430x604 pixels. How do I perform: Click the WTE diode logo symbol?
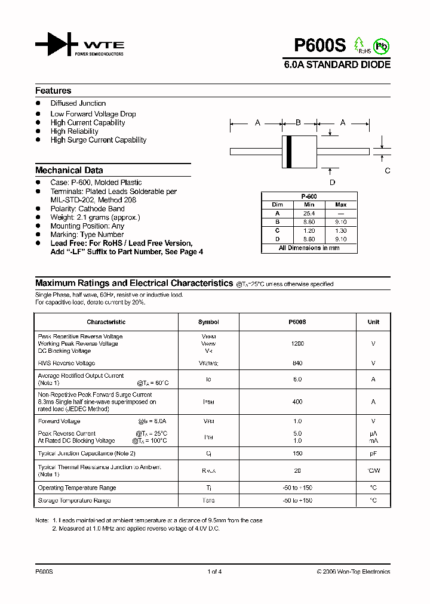point(57,44)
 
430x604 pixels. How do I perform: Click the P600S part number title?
point(320,45)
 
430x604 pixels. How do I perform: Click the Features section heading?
point(53,91)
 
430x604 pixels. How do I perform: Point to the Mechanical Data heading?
point(69,170)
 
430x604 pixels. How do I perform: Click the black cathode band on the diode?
point(289,152)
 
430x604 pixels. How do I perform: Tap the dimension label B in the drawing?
point(298,123)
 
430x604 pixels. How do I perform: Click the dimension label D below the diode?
point(333,182)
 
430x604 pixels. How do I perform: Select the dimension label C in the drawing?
point(387,171)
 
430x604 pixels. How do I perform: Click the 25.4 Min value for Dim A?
point(309,213)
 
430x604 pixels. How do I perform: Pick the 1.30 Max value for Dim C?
point(340,230)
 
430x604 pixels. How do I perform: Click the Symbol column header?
point(208,322)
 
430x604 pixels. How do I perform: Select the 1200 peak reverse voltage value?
point(297,344)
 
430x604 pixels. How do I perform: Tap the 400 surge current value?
point(297,402)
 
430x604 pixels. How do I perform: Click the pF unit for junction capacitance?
point(373,454)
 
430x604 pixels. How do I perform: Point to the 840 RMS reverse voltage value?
point(297,363)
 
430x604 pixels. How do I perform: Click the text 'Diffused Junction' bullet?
point(78,103)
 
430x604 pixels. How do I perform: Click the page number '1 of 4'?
point(214,572)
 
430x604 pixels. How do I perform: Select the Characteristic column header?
point(106,322)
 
